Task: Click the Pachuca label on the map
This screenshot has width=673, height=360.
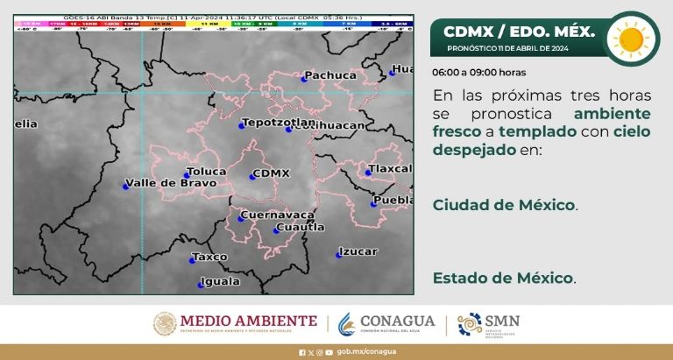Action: click(x=329, y=76)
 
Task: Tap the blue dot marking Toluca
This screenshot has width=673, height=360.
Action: click(x=187, y=175)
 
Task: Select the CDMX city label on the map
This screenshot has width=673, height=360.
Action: click(x=270, y=173)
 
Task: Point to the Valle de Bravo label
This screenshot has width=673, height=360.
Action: click(x=170, y=183)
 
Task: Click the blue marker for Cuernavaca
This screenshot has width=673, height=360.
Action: click(x=241, y=217)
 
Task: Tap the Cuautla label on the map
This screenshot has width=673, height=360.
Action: click(x=300, y=228)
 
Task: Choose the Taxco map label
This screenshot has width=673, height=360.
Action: click(x=209, y=258)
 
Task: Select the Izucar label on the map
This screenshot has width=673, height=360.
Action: click(x=358, y=251)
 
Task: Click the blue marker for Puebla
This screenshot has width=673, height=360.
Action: click(x=374, y=202)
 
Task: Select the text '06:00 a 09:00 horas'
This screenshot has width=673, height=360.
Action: click(x=478, y=72)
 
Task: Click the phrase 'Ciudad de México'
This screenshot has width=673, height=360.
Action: click(x=504, y=205)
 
